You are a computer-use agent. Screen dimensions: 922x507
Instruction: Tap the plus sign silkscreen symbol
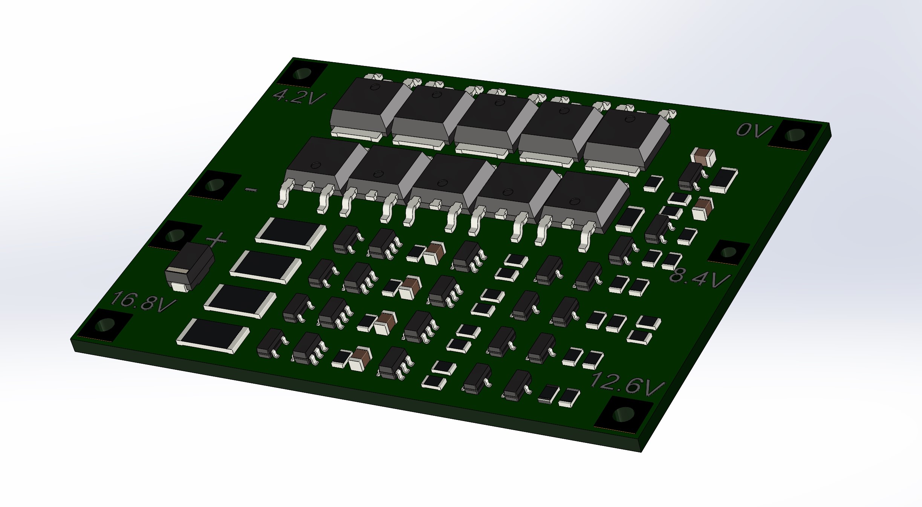[217, 239]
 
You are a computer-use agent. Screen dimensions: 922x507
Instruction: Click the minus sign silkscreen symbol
[251, 190]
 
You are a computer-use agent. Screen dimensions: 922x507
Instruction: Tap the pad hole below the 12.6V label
[624, 414]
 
